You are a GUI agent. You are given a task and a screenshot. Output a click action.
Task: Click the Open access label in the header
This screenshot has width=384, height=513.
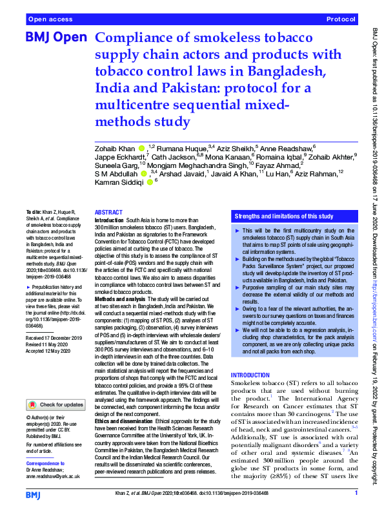pyautogui.click(x=50, y=20)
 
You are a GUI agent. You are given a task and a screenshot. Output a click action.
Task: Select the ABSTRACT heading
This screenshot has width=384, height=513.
pyautogui.click(x=108, y=213)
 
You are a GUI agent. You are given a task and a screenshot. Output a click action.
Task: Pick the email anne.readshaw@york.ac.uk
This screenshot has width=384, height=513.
pyautogui.click(x=53, y=476)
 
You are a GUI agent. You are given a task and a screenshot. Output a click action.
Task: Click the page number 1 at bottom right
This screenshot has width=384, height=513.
pyautogui.click(x=356, y=494)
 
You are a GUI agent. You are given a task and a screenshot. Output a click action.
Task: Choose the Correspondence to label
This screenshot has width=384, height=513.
pyautogui.click(x=46, y=464)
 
